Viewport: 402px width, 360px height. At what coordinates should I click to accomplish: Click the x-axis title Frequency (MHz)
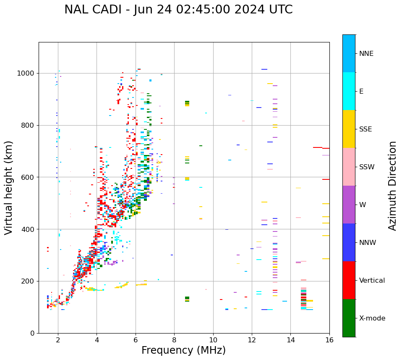click(183, 350)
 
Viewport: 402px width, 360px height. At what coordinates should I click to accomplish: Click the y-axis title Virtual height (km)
click(9, 188)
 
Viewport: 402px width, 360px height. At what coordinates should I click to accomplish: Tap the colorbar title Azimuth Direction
click(392, 186)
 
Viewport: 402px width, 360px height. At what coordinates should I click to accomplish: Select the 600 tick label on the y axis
click(28, 177)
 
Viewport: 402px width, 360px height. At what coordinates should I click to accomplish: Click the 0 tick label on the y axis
click(32, 333)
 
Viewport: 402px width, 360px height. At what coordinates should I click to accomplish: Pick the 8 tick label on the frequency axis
click(174, 339)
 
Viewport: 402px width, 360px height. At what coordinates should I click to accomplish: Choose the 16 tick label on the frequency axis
click(329, 339)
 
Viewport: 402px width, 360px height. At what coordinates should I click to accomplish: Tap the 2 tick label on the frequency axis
click(58, 339)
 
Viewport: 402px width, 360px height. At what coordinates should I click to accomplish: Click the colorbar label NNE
click(366, 54)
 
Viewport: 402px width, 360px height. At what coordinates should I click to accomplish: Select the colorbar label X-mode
click(372, 318)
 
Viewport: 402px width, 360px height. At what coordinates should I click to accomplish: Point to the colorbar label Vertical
click(371, 281)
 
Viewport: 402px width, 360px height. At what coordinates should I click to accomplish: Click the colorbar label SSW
click(367, 167)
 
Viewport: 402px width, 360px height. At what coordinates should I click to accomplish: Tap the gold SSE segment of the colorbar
click(349, 129)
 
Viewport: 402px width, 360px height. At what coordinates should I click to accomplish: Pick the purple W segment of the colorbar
click(349, 205)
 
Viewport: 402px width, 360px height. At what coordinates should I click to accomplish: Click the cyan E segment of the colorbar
click(349, 91)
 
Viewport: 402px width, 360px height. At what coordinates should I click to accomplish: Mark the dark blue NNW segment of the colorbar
click(349, 242)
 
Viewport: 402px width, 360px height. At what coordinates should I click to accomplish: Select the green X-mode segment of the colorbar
click(349, 318)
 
